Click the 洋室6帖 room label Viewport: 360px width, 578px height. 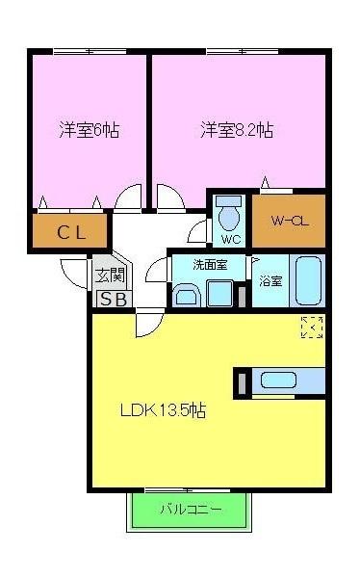click(89, 129)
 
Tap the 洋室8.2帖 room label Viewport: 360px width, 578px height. click(236, 129)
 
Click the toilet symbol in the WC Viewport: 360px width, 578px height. click(229, 211)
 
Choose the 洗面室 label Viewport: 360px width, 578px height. click(207, 264)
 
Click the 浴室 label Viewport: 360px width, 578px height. click(270, 281)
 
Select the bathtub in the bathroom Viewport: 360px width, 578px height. click(308, 280)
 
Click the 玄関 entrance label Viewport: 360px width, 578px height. click(108, 276)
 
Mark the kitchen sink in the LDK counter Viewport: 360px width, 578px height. click(279, 381)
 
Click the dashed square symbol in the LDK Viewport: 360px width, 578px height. click(311, 327)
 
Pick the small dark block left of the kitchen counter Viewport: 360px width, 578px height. click(240, 381)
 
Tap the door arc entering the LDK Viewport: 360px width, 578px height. click(147, 324)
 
